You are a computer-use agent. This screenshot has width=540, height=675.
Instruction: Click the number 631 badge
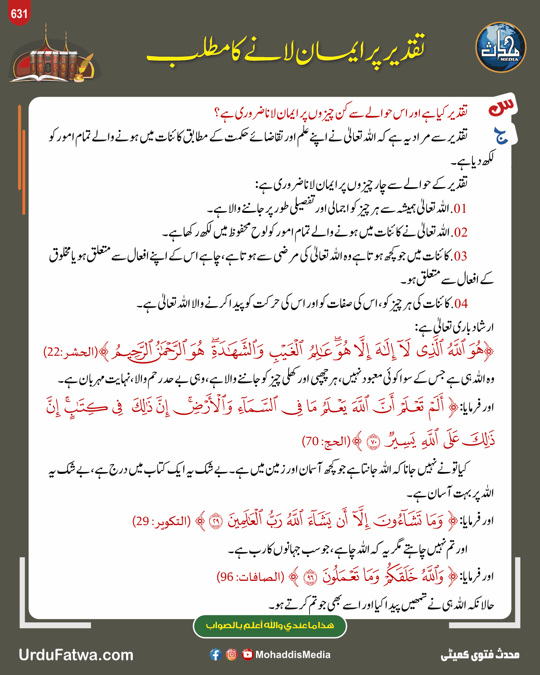[x=19, y=14]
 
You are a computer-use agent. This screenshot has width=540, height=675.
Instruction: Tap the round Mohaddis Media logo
[x=500, y=48]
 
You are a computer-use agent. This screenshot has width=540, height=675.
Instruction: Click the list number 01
[x=459, y=209]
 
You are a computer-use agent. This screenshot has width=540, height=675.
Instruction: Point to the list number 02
[x=460, y=233]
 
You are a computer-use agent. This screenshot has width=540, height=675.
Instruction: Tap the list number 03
[x=459, y=256]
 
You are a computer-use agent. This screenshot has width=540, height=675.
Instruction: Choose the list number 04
[x=460, y=304]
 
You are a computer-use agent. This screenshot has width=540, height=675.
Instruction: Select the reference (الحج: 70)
[x=326, y=442]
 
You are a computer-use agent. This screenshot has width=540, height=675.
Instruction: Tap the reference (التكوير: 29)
[x=161, y=521]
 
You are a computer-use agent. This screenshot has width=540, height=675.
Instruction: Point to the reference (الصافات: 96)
[x=250, y=577]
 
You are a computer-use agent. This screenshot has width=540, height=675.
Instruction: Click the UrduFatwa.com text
[x=76, y=655]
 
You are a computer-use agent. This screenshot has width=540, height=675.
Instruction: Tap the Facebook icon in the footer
[x=216, y=655]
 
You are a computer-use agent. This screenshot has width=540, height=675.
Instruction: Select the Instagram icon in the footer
[x=231, y=655]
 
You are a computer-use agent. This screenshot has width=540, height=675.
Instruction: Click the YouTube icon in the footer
[x=247, y=655]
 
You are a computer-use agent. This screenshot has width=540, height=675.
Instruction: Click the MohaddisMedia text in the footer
[x=293, y=655]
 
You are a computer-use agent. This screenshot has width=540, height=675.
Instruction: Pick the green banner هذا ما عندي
[x=270, y=625]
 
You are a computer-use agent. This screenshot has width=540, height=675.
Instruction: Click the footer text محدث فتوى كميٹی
[x=480, y=655]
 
